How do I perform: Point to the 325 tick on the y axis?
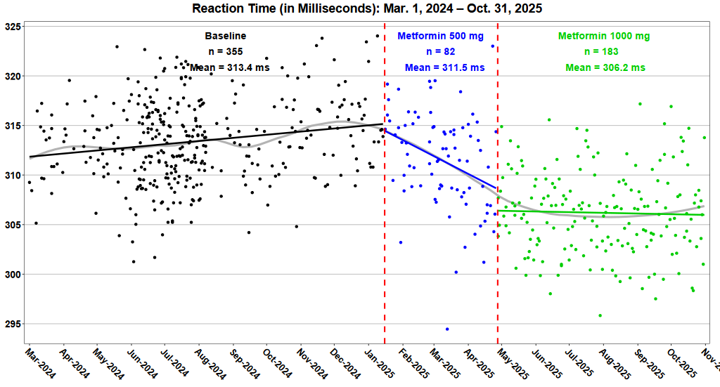click(x=13, y=27)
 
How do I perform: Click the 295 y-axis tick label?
click(x=13, y=324)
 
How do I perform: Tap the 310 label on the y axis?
click(x=13, y=175)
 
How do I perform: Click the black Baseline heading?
click(x=226, y=36)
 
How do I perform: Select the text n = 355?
click(x=226, y=51)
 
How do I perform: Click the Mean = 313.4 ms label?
click(x=226, y=67)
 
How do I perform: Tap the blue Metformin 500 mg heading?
click(x=440, y=36)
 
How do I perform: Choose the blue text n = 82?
click(x=441, y=51)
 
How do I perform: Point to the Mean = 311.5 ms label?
click(x=444, y=67)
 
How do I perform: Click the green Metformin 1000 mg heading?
click(x=604, y=36)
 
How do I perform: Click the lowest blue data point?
click(x=447, y=329)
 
